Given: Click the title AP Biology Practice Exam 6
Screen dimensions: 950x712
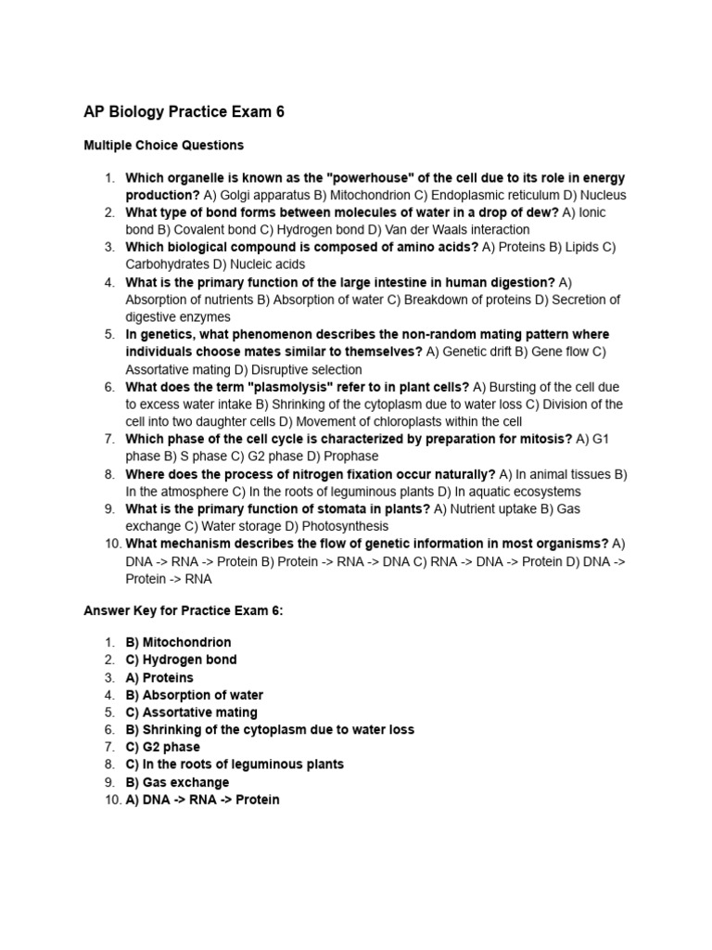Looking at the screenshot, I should tap(184, 112).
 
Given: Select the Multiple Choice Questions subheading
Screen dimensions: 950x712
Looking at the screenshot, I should tap(163, 146).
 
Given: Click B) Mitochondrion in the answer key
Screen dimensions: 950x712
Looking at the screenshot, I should tap(178, 642).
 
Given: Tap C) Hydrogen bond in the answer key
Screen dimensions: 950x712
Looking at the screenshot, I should tap(181, 660).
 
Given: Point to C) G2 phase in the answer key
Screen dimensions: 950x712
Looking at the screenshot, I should tap(162, 747).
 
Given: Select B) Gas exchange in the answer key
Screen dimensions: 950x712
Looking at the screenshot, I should tap(177, 782).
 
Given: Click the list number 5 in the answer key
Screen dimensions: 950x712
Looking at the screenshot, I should tap(108, 712).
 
